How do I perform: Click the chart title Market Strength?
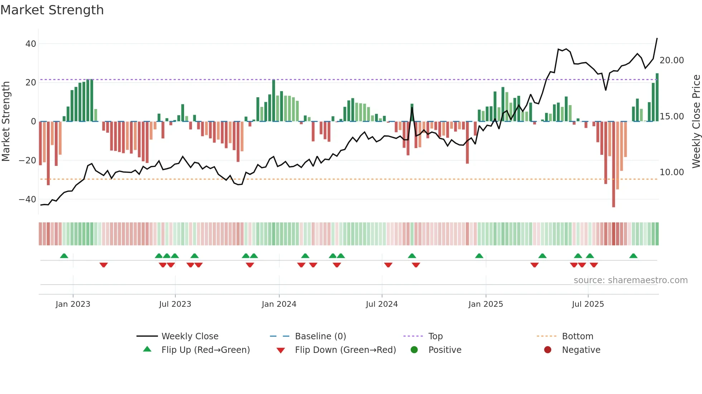tap(52, 10)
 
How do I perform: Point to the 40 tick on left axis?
tap(31, 44)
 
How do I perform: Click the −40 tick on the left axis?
tap(28, 200)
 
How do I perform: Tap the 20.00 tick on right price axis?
tap(672, 60)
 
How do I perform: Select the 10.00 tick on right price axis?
tap(672, 172)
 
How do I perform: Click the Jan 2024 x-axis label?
tap(279, 304)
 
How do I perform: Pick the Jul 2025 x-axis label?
tap(588, 304)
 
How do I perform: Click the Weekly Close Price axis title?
tap(696, 122)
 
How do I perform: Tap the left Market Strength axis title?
tap(6, 122)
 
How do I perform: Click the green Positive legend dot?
tap(414, 350)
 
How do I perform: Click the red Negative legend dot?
tap(548, 350)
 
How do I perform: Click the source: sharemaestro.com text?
tap(630, 280)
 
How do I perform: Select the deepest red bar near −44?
tap(614, 164)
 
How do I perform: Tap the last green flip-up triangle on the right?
tap(633, 256)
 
